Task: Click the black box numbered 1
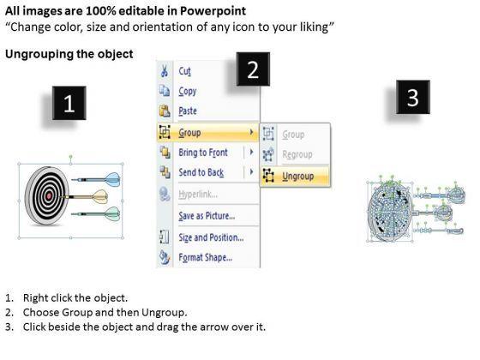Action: [69, 103]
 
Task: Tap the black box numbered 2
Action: [253, 69]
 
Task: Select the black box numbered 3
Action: [413, 97]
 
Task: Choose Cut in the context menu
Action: [185, 71]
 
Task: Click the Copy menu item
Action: [188, 91]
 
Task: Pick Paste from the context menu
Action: [188, 111]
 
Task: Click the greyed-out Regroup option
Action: [297, 154]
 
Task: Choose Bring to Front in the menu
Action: [203, 153]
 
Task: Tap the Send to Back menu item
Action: [201, 172]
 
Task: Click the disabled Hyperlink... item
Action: [198, 194]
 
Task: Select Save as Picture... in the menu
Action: [207, 216]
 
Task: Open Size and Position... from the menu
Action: [211, 237]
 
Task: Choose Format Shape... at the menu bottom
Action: [206, 257]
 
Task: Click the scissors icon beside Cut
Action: [165, 71]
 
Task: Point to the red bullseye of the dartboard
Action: [48, 196]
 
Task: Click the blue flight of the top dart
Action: [112, 179]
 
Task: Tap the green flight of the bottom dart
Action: [112, 213]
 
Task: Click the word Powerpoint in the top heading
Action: [213, 11]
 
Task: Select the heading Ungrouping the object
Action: [69, 54]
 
